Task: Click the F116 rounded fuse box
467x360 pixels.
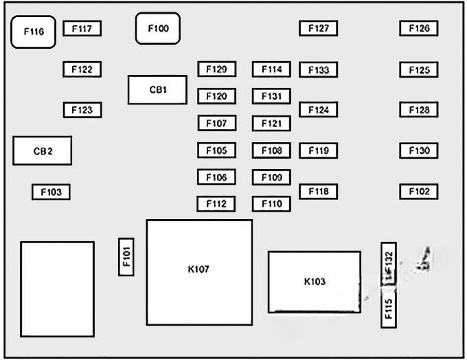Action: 33,32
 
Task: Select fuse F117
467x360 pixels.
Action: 82,29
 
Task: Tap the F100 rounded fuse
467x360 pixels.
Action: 157,29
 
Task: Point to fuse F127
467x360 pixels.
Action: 318,29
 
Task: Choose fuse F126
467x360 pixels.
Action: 419,29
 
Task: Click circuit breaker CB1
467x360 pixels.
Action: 157,90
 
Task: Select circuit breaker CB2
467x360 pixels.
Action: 43,151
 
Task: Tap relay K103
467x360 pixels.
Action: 314,282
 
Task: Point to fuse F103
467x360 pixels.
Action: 51,192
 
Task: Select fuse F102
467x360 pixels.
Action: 419,192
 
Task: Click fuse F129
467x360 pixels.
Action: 216,69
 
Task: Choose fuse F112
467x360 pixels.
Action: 216,204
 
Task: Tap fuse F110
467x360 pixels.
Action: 271,204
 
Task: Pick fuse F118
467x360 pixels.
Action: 318,192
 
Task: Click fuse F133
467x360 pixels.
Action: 318,70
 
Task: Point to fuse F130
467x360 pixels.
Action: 419,150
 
